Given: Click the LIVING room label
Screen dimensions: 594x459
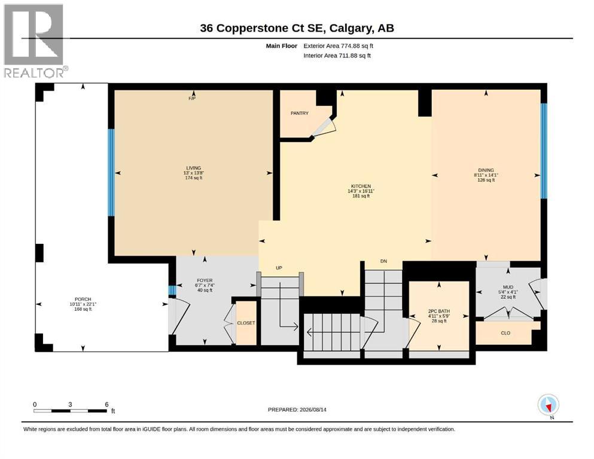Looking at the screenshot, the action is pos(194,168).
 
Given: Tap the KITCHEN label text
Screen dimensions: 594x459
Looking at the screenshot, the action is pos(361,186).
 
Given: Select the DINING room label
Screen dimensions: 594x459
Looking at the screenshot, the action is pos(486,170).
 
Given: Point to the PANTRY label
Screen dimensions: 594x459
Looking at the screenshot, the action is pos(300,113).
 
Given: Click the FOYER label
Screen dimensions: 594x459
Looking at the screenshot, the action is pos(205,280).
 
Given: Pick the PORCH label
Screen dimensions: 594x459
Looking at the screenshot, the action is pos(83,299).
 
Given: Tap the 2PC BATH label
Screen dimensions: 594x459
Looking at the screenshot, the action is pos(439,311).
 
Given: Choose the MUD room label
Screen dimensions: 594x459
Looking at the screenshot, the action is pos(508,287).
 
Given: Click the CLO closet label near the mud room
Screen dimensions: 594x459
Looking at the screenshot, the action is pos(505,333).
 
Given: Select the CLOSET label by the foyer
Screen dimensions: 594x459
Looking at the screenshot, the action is pos(246,323).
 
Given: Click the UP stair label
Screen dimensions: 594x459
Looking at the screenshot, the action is pos(279,268).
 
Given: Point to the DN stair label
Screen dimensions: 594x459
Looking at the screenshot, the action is pos(384,261).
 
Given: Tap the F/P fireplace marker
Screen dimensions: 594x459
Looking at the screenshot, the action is pos(192,99).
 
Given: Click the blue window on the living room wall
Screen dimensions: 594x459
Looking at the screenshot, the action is pos(111,173).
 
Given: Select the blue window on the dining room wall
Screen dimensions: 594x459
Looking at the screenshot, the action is pos(544,151).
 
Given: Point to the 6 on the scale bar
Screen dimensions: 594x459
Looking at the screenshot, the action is pos(107,404).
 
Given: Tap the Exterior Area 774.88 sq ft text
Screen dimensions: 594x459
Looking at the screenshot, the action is pos(339,46).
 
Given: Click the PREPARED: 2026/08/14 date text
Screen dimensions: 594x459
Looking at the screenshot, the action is pos(297,409).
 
